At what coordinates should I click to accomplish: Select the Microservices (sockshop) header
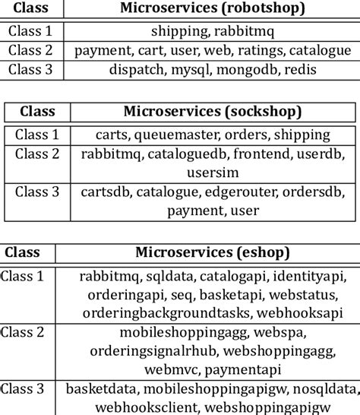tap(213, 112)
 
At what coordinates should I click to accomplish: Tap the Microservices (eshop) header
tap(213, 252)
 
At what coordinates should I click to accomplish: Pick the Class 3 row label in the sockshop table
tap(37, 192)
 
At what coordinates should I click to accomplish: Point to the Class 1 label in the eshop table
tap(27, 276)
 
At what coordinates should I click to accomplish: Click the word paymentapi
tap(231, 369)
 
